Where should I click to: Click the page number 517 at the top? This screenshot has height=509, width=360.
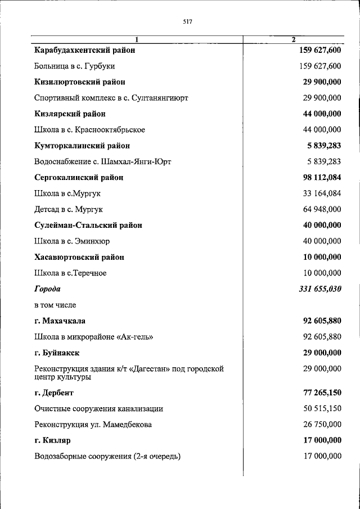[188, 22]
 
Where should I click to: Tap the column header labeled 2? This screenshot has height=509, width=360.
[293, 39]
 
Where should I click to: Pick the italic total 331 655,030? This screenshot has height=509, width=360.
[319, 289]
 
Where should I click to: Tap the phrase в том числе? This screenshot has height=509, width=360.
[55, 305]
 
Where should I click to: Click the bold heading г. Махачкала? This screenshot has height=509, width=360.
[59, 321]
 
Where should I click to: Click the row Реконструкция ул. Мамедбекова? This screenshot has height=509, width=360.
[93, 424]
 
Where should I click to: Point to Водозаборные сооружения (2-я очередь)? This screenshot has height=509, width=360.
[107, 456]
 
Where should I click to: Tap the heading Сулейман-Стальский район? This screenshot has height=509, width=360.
[88, 225]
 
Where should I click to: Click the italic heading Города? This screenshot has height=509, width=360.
[47, 289]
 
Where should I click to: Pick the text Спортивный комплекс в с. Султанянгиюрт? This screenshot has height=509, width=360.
[111, 98]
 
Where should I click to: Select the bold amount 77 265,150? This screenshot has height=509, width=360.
[321, 393]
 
